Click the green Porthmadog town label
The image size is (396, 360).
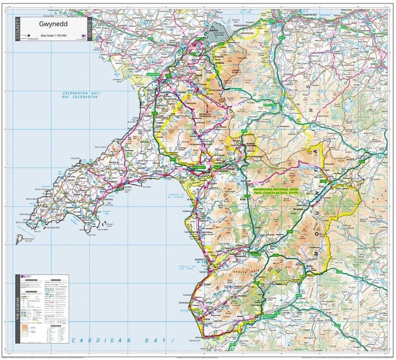point(199,168)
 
